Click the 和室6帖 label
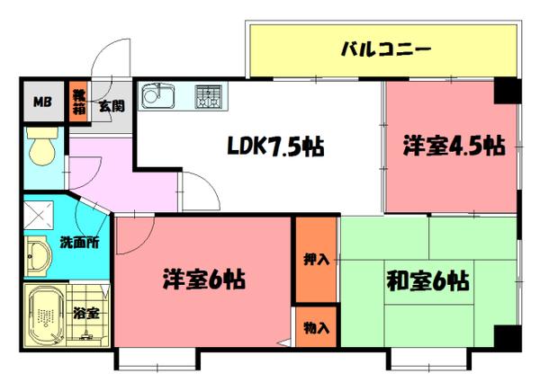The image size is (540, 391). click(x=428, y=281)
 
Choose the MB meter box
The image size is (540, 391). click(x=42, y=102)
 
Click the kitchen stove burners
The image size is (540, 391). click(x=209, y=94)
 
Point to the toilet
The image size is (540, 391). click(x=40, y=148)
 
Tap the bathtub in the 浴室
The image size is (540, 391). click(x=43, y=315)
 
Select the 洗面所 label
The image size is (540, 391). click(x=80, y=242)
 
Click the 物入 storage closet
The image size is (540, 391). click(x=315, y=327)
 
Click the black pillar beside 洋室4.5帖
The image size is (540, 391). click(x=506, y=90)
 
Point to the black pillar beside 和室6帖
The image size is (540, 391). click(x=506, y=339)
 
